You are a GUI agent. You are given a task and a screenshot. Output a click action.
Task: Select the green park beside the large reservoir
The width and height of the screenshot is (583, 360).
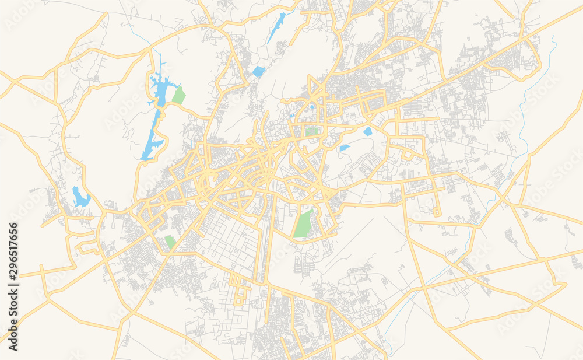pos(178,96)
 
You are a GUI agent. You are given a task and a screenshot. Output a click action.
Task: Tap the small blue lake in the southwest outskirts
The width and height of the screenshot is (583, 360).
pos(80,198)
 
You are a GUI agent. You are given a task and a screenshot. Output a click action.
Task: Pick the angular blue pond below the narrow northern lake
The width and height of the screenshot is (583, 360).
pos(259,72)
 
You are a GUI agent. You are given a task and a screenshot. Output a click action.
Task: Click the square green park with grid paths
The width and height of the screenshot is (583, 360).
pos(312,131)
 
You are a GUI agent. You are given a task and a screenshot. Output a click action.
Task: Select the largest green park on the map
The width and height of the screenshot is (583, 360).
pos(303,224)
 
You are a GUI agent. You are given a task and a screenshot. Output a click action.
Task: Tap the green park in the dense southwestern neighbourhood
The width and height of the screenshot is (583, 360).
pos(170,242)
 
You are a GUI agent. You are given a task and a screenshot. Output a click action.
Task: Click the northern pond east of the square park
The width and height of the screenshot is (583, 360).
pos(367,132)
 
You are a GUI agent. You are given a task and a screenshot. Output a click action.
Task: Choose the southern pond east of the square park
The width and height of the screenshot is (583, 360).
pos(345,148)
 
